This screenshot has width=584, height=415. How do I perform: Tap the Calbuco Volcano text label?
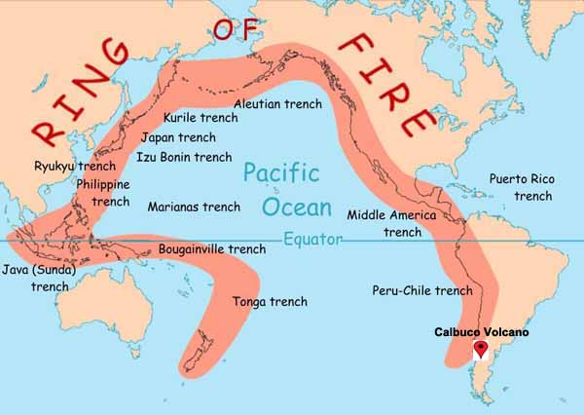pyautogui.click(x=482, y=332)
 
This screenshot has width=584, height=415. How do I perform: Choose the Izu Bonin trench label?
pyautogui.click(x=184, y=156)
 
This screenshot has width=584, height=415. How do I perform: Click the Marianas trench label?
pyautogui.click(x=194, y=207)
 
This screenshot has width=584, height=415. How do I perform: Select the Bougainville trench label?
pyautogui.click(x=211, y=249)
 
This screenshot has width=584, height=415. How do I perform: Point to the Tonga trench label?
pyautogui.click(x=270, y=302)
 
